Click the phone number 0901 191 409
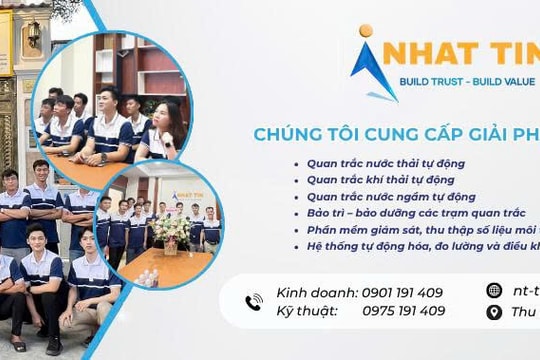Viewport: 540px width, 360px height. click(x=401, y=293)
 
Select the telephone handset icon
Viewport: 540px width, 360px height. click(x=253, y=302)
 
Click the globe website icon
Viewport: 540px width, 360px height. click(x=493, y=290)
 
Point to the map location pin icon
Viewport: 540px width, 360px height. click(x=493, y=312)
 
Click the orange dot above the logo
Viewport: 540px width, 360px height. click(x=365, y=31)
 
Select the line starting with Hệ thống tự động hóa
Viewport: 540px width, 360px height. click(x=420, y=245)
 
